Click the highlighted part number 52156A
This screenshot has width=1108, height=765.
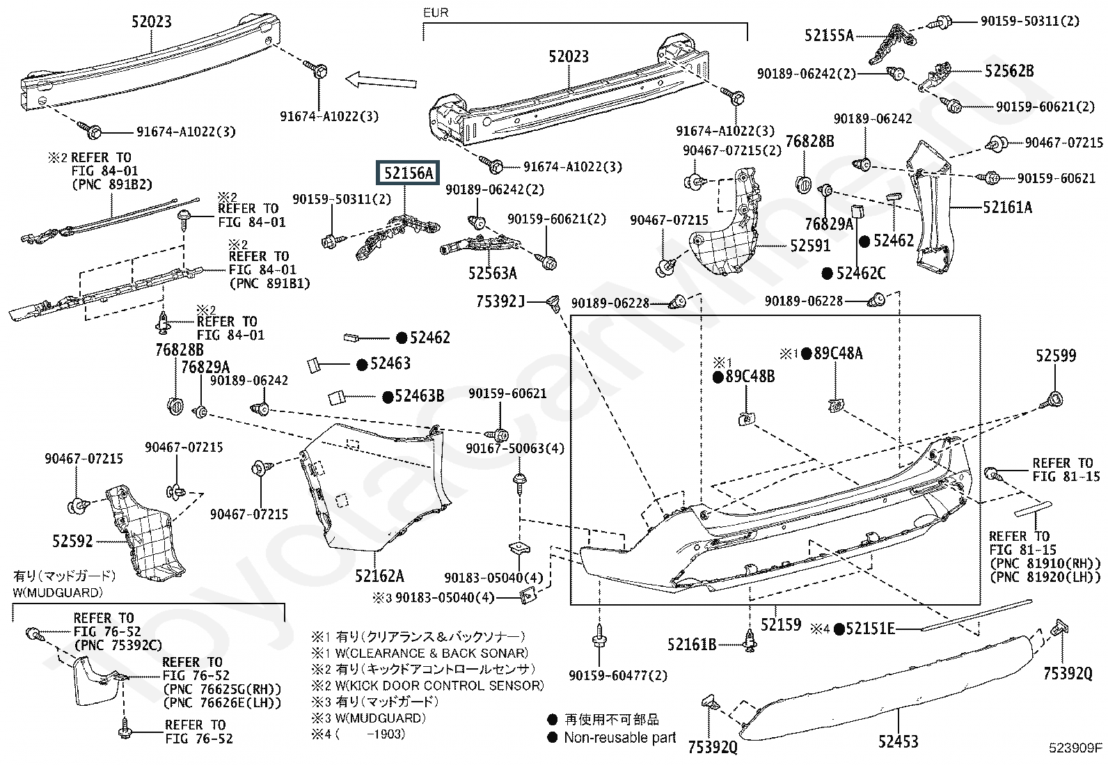pyautogui.click(x=409, y=173)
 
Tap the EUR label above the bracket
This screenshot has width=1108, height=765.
pyautogui.click(x=436, y=13)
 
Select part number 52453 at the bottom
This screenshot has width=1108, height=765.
pyautogui.click(x=898, y=742)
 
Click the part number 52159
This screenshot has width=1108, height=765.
pyautogui.click(x=780, y=625)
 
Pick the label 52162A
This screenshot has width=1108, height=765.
pyautogui.click(x=379, y=576)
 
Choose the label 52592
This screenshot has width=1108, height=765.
pyautogui.click(x=72, y=540)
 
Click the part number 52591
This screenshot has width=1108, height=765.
pyautogui.click(x=810, y=246)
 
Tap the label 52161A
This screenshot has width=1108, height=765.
pyautogui.click(x=1007, y=207)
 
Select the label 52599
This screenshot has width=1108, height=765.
pyautogui.click(x=1055, y=356)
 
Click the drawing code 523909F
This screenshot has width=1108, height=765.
pyautogui.click(x=1076, y=749)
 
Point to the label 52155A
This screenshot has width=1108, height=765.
pyautogui.click(x=828, y=35)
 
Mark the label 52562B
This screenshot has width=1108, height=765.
pyautogui.click(x=1008, y=71)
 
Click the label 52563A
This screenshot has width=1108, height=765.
pyautogui.click(x=492, y=274)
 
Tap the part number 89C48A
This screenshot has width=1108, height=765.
pyautogui.click(x=838, y=354)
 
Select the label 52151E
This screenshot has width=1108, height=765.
pyautogui.click(x=870, y=629)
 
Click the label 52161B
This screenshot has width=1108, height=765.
pyautogui.click(x=692, y=645)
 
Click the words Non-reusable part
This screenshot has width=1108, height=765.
pyautogui.click(x=619, y=738)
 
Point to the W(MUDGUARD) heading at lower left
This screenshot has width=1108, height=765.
pyautogui.click(x=58, y=593)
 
